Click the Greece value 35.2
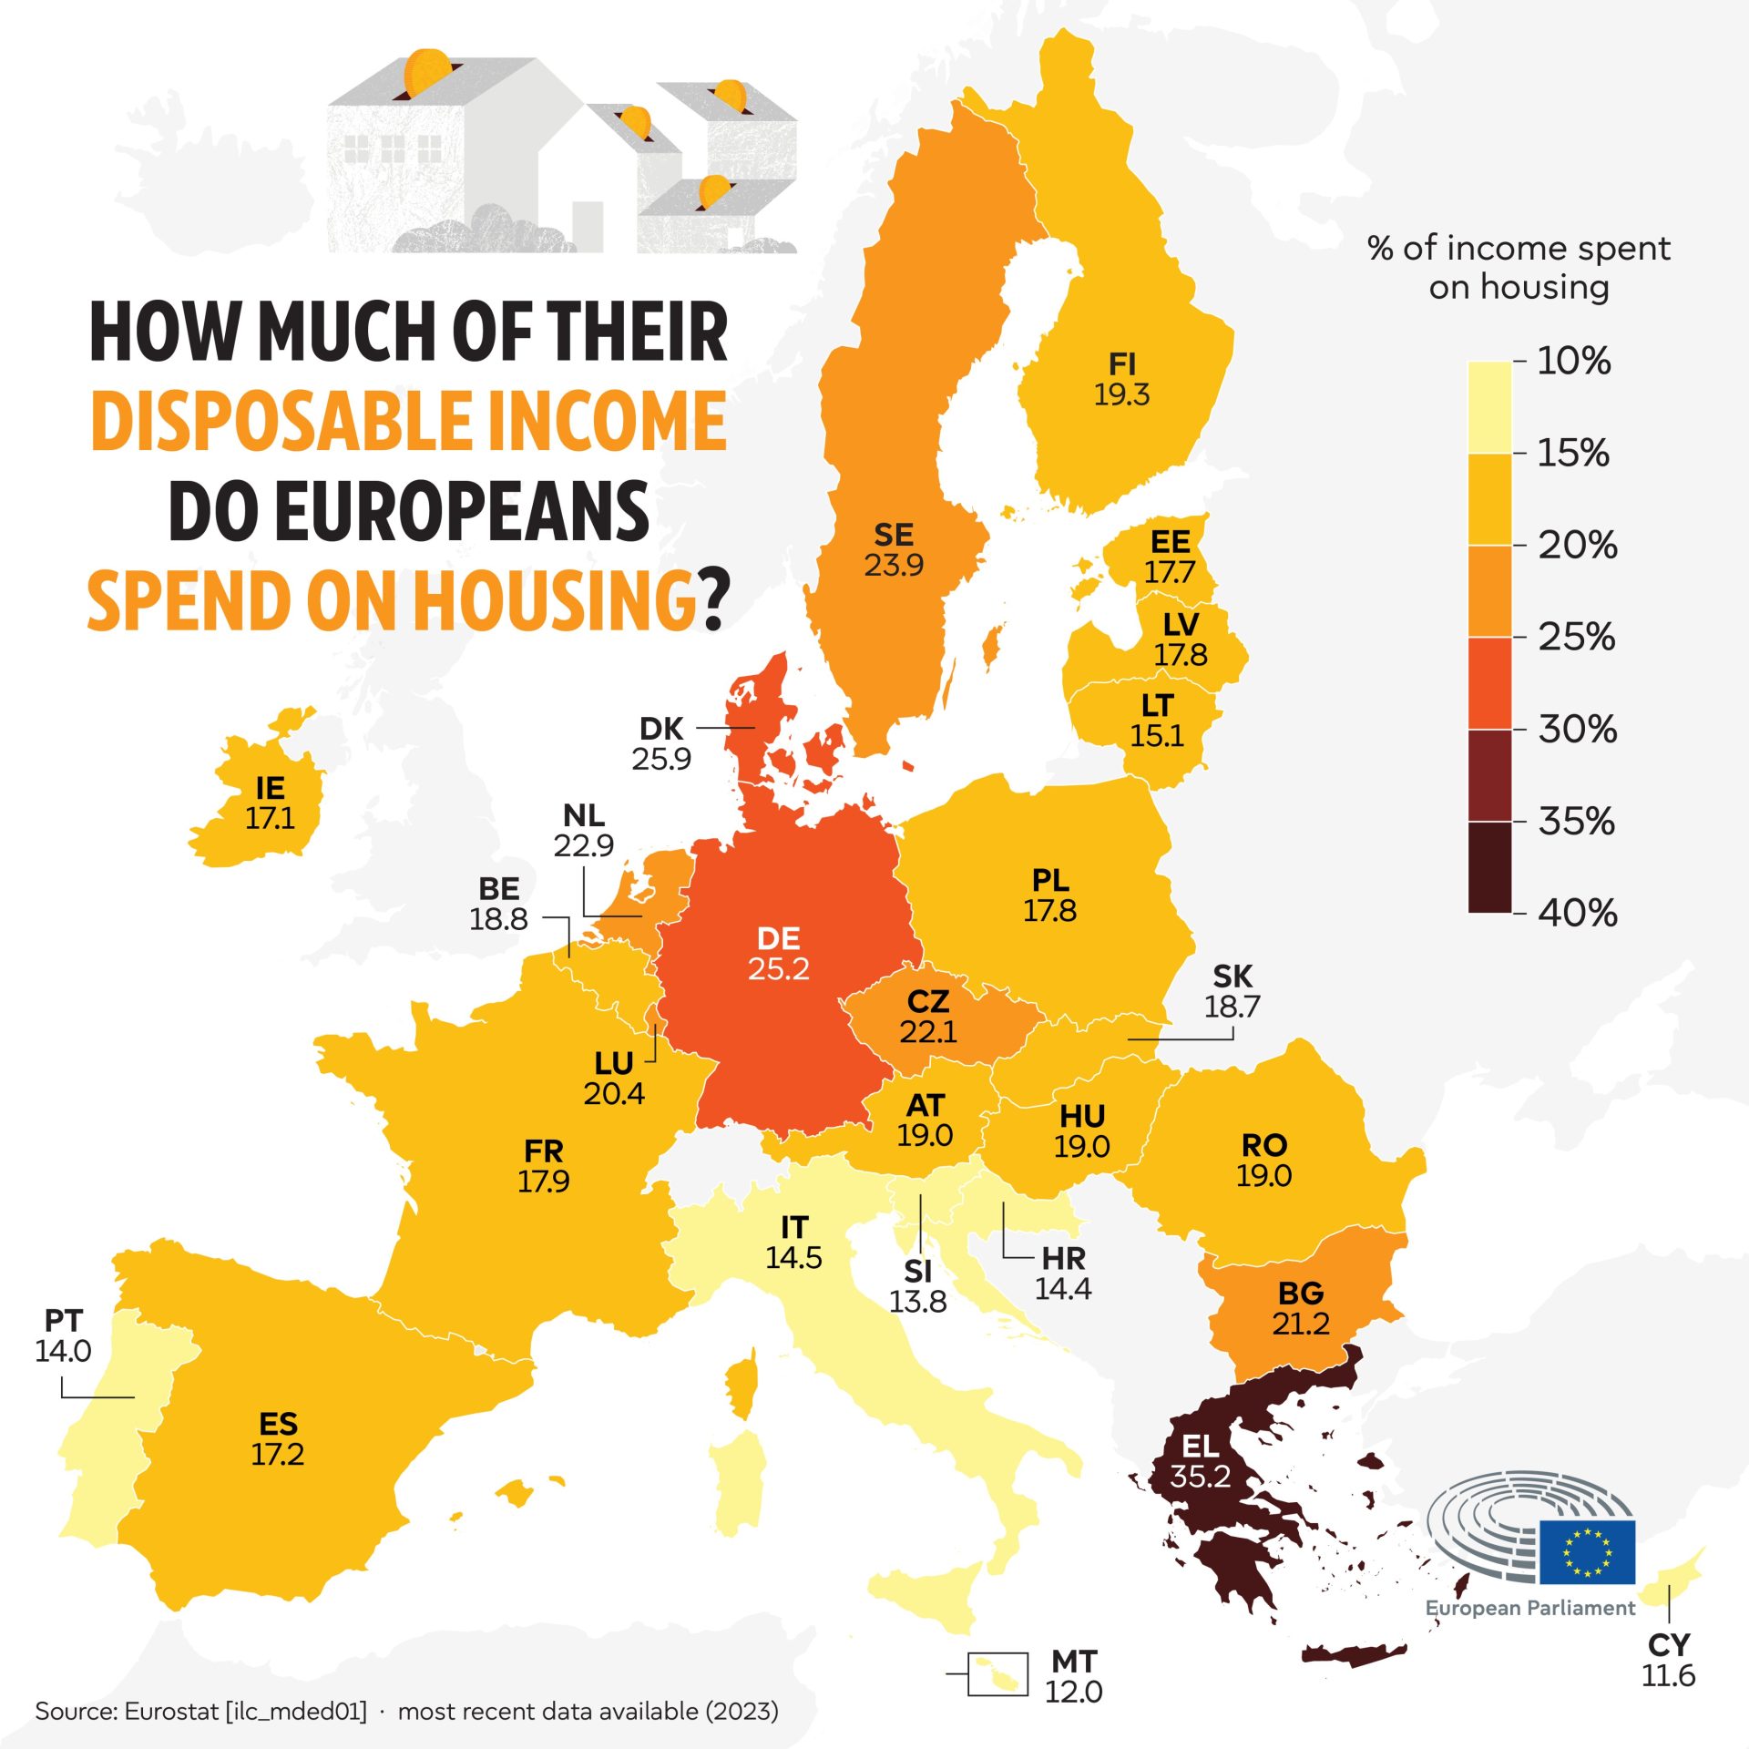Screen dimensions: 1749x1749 pos(1200,1475)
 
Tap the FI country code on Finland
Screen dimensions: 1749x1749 pos(1121,364)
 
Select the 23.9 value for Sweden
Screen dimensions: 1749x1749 pos(894,565)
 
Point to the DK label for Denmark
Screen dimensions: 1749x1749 pos(661,729)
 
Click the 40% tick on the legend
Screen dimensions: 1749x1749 pos(1578,912)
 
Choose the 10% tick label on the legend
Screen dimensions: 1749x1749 pos(1573,362)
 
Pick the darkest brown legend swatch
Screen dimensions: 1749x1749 pos(1489,866)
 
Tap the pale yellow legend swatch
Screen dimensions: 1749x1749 pos(1489,407)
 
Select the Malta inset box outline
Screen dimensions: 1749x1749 pos(997,1674)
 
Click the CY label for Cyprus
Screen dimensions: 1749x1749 pos(1669,1645)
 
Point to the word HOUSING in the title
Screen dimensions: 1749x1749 pos(554,601)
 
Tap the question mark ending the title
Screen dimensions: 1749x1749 pos(716,601)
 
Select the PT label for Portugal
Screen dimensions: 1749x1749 pos(64,1321)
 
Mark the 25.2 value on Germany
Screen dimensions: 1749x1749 pos(779,968)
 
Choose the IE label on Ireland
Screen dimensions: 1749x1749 pos(270,788)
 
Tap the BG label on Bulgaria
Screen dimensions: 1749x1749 pos(1301,1293)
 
